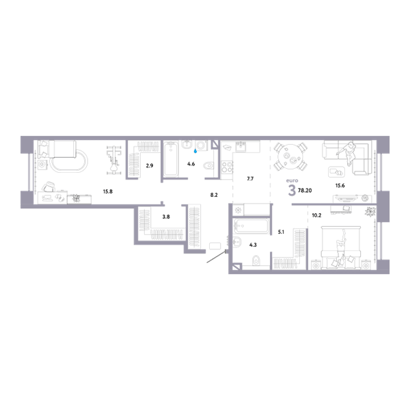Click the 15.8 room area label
(x=107, y=191)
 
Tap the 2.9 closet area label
(x=150, y=165)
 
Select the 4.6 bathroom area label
(x=191, y=164)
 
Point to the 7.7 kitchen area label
(x=250, y=179)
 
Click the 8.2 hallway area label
(x=214, y=195)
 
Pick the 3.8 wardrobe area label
(x=166, y=217)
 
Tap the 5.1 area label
(x=281, y=232)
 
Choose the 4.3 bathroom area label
(x=253, y=245)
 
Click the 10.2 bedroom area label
(x=316, y=215)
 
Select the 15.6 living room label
(x=340, y=185)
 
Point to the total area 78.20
(x=305, y=191)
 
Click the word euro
(x=292, y=180)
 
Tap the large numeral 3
(x=292, y=191)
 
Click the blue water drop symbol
(x=195, y=151)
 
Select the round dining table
(x=290, y=156)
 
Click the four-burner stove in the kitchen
(x=227, y=167)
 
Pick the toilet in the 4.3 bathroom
(x=256, y=260)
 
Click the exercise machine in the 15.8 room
(x=113, y=160)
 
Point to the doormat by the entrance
(x=215, y=246)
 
